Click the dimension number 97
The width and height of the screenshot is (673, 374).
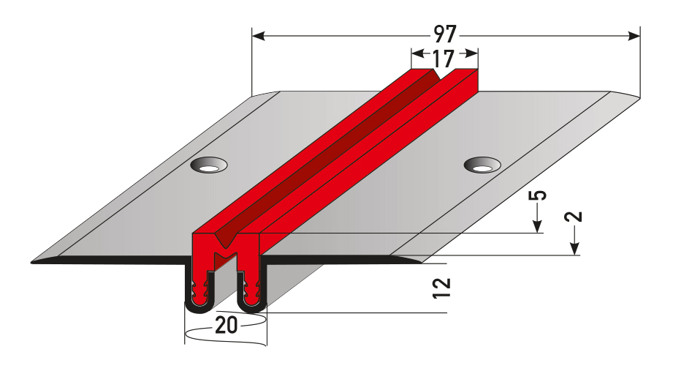click(445, 34)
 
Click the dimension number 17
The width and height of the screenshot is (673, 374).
click(443, 59)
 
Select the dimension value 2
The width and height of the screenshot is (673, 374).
click(574, 217)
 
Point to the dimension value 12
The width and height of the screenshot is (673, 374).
click(441, 288)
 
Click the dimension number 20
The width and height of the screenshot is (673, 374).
click(227, 325)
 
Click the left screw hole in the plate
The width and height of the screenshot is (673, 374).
click(208, 165)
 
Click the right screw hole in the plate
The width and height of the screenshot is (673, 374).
click(482, 165)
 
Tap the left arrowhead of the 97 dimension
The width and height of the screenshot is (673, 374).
click(258, 36)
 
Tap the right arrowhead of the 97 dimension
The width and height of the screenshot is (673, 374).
click(634, 36)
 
